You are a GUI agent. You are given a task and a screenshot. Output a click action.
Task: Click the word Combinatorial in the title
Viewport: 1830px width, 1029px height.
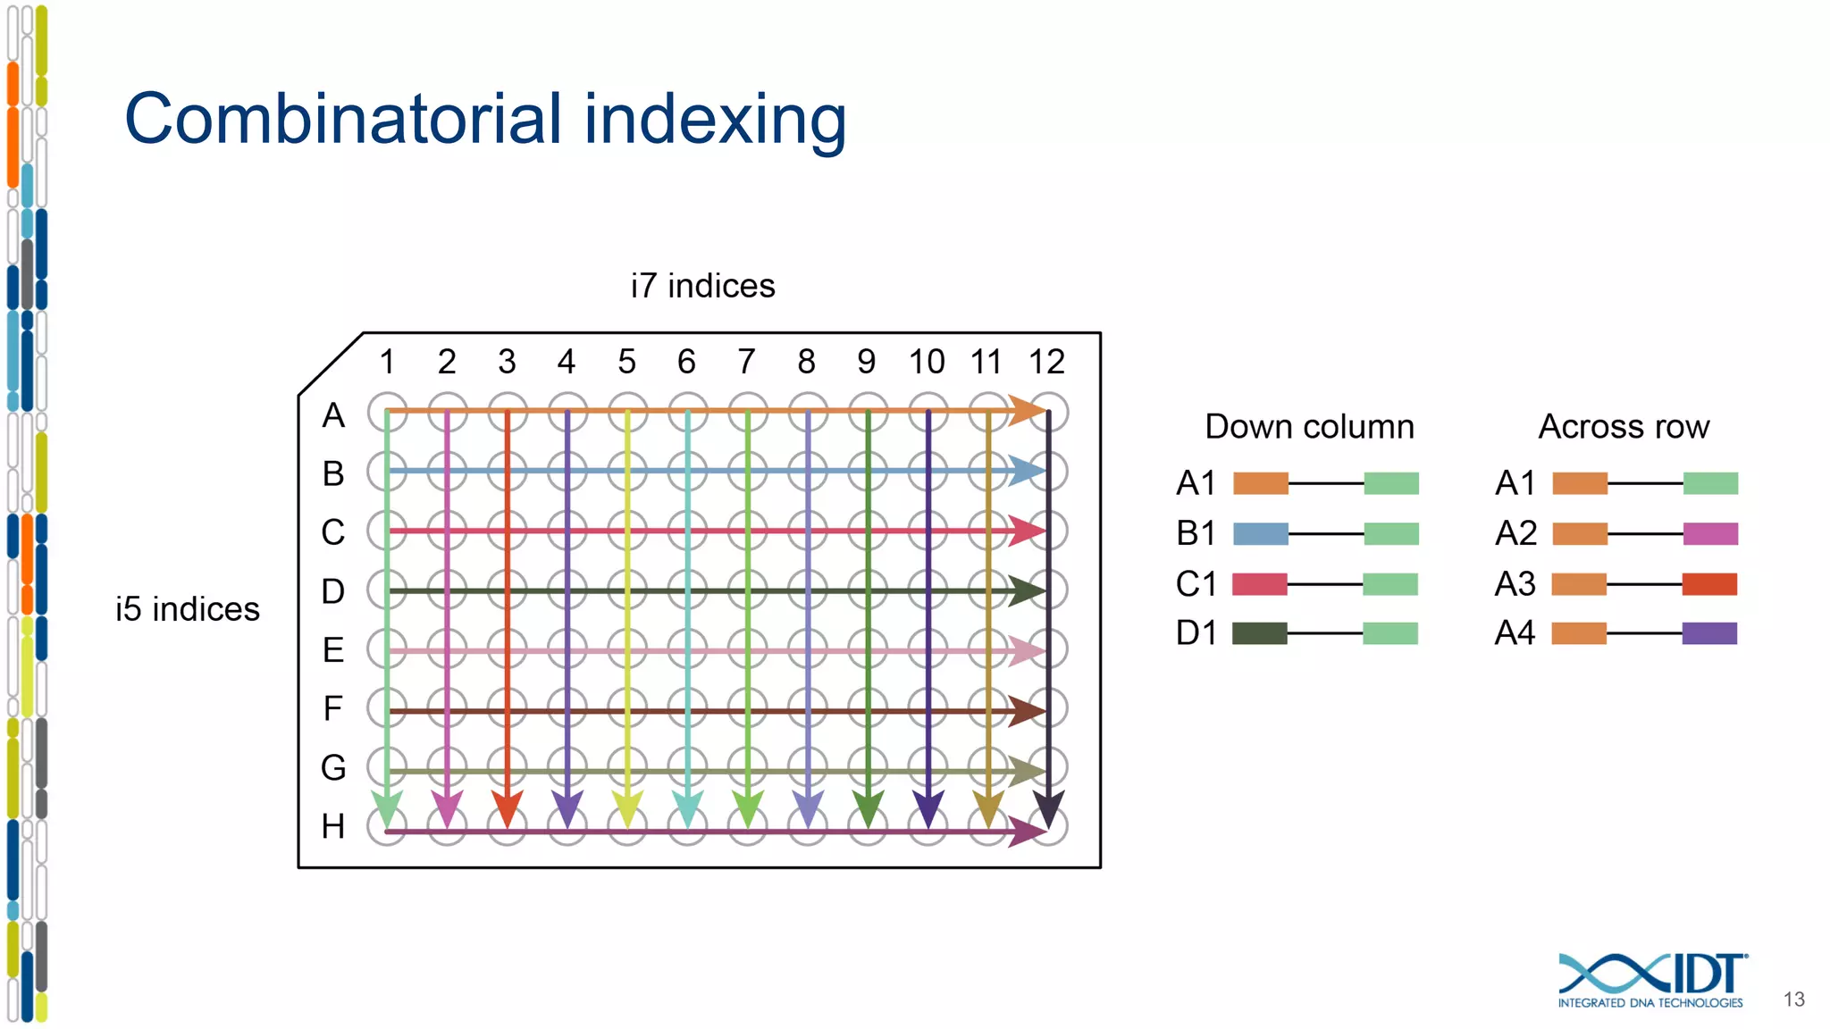pos(344,119)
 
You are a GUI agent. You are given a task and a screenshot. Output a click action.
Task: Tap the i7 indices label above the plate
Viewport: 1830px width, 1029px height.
pos(702,286)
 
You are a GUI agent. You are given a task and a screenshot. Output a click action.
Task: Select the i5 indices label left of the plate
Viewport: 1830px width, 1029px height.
pos(187,609)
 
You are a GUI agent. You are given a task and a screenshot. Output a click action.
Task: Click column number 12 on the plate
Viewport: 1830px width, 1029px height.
pos(1046,362)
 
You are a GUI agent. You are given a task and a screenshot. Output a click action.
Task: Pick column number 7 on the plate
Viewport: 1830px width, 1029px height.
pos(746,362)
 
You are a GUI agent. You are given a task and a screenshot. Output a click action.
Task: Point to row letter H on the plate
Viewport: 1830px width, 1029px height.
pos(332,826)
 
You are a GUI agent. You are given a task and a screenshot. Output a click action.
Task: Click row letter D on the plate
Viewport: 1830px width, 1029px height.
pos(332,591)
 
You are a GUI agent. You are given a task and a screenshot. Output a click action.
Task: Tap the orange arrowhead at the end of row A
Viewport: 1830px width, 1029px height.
pos(1027,411)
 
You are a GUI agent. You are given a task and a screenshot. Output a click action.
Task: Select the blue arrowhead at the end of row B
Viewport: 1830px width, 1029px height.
pos(1027,471)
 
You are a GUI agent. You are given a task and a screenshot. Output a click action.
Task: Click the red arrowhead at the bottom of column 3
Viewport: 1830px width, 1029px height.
pos(507,807)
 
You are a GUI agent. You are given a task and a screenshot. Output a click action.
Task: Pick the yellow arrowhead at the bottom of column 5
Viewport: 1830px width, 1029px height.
pos(627,807)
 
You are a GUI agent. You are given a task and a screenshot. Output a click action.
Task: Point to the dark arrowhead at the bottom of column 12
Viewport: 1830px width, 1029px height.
pos(1048,807)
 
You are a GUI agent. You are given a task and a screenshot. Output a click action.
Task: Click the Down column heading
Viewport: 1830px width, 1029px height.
pos(1309,427)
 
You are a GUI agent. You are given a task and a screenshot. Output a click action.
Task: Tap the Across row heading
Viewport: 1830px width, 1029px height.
pos(1624,427)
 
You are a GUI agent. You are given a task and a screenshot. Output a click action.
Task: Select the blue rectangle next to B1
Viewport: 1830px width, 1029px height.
pos(1260,534)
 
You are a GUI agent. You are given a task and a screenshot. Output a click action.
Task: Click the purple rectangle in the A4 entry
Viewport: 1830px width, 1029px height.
pos(1709,633)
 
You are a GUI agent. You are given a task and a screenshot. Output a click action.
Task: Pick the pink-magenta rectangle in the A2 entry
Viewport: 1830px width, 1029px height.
pos(1710,534)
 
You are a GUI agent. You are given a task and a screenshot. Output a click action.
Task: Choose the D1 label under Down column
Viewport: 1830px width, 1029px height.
pos(1196,633)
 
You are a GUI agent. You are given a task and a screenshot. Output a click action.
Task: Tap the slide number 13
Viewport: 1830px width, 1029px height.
pos(1793,1000)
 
